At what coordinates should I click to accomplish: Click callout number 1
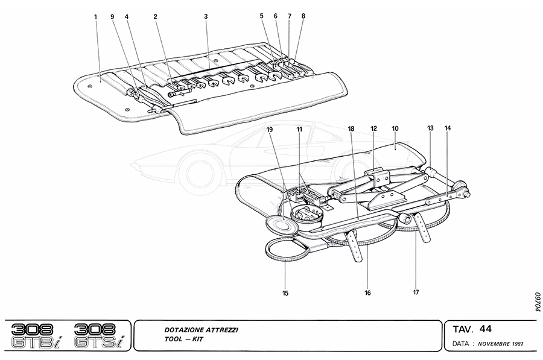tap(95, 17)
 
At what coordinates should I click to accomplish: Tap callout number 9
tap(112, 17)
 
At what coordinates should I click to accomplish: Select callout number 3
tap(206, 17)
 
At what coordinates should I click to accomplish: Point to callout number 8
tap(303, 17)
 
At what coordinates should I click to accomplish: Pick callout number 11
tap(299, 129)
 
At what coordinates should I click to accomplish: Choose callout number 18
tap(351, 129)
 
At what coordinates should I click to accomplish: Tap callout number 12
tap(373, 129)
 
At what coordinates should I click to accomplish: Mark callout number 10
tap(395, 129)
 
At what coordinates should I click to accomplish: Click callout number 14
tap(447, 128)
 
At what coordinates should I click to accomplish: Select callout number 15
tap(285, 294)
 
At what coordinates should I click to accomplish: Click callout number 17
tap(416, 294)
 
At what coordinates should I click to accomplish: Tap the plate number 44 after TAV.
tap(486, 329)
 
